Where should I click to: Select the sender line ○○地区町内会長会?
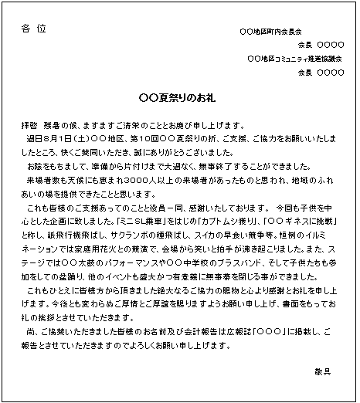270,32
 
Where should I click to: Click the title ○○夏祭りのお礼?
180,98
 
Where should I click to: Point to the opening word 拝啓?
29,125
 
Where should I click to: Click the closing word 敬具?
323,371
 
